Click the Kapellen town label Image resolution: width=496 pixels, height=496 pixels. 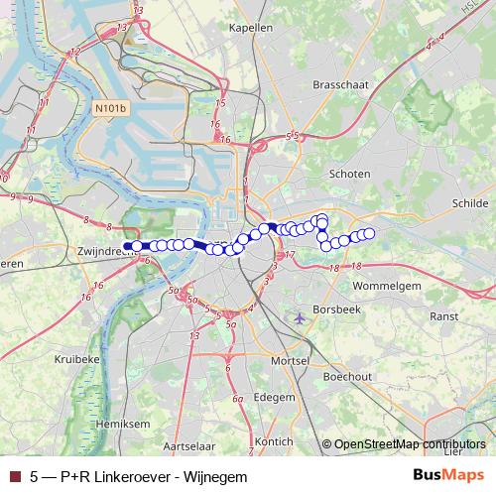tap(250, 28)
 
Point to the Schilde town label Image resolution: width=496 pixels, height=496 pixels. tap(471, 201)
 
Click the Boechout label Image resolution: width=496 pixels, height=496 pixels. tap(347, 377)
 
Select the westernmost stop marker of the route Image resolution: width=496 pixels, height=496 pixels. tap(126, 247)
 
